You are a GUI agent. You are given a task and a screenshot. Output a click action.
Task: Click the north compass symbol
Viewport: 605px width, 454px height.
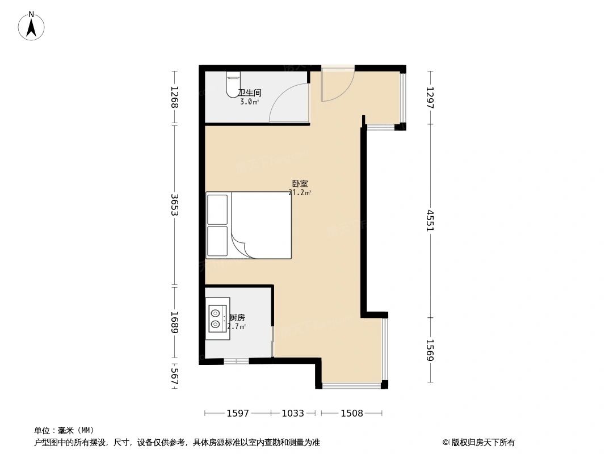tap(32, 26)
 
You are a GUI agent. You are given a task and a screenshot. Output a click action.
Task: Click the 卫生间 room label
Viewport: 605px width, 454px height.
tap(250, 93)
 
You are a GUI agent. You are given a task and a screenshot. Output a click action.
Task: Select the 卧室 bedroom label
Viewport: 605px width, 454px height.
tap(300, 184)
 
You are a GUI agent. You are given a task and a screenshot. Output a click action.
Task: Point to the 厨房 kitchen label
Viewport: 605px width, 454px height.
tap(237, 318)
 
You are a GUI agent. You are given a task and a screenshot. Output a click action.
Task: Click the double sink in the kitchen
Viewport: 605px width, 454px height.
tap(217, 318)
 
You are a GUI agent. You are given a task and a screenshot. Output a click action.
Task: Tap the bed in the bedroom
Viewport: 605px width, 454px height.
tap(250, 225)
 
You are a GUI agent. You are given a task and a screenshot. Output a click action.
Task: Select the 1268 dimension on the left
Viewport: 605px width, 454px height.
tap(174, 97)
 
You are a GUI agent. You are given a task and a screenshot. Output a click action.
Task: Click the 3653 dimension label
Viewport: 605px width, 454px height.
tap(174, 205)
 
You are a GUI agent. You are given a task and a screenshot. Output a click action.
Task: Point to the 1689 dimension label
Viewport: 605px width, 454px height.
tap(174, 322)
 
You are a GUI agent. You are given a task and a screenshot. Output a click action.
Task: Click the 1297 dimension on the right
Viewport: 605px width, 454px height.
tap(430, 97)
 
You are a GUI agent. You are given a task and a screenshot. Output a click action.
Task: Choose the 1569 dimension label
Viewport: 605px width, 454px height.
tap(430, 350)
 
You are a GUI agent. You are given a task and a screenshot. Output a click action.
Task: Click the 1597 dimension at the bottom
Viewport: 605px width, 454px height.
tap(238, 413)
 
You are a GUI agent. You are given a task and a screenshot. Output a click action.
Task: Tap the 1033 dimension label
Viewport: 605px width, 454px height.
tap(293, 413)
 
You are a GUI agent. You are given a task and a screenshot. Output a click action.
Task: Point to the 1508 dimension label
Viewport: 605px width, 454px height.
tap(352, 413)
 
